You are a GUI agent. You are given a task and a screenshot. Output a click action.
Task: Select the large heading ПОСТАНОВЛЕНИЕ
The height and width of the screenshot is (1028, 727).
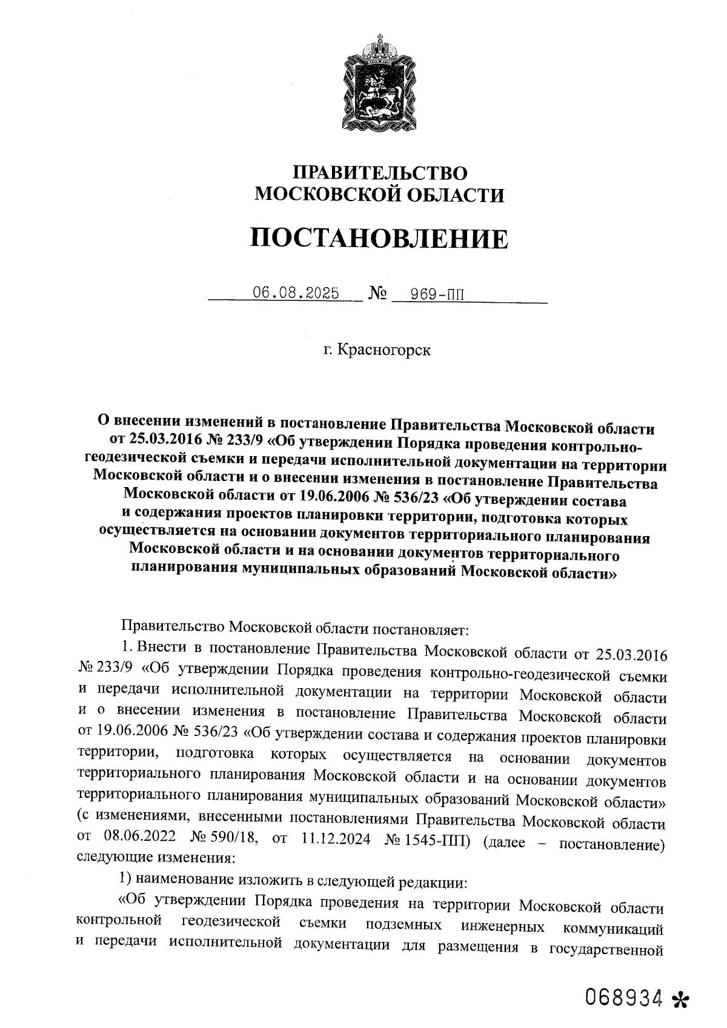[380, 238]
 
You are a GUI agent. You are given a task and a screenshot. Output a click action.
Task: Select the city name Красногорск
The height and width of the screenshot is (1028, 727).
[384, 350]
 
